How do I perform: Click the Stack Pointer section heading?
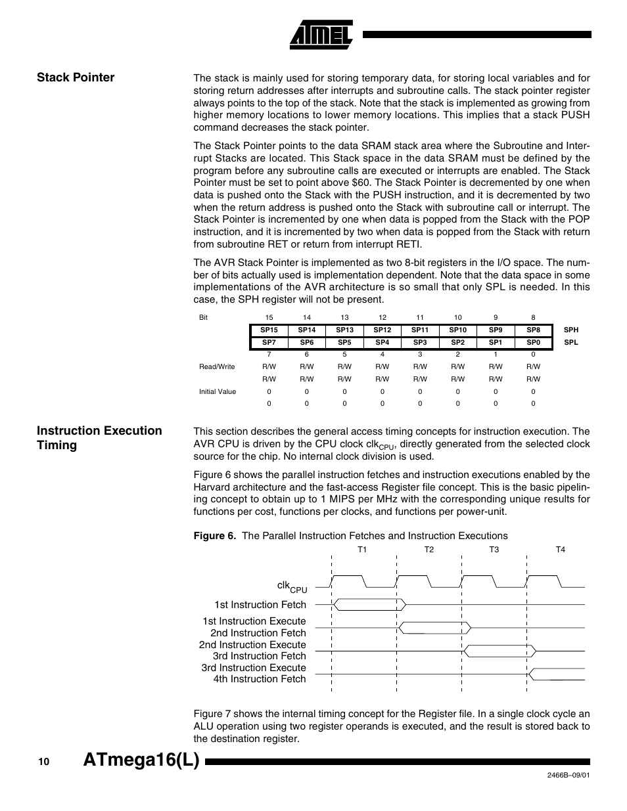click(x=76, y=77)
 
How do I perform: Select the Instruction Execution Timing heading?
click(x=99, y=438)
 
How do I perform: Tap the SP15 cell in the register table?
click(x=269, y=330)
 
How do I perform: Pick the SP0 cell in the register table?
click(x=533, y=343)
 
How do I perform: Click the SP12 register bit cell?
click(x=382, y=330)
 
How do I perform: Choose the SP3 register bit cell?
click(x=420, y=343)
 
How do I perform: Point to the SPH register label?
click(x=570, y=330)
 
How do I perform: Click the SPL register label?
click(x=570, y=343)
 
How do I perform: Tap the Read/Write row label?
click(x=217, y=366)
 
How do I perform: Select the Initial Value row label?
click(x=218, y=391)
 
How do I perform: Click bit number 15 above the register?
click(x=269, y=318)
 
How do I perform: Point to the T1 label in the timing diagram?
click(x=362, y=550)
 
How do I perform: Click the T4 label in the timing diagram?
click(x=560, y=550)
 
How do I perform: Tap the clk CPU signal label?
click(x=292, y=586)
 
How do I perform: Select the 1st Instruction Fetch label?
click(x=260, y=605)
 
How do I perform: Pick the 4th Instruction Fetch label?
click(x=259, y=679)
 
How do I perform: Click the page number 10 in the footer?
click(x=43, y=762)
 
